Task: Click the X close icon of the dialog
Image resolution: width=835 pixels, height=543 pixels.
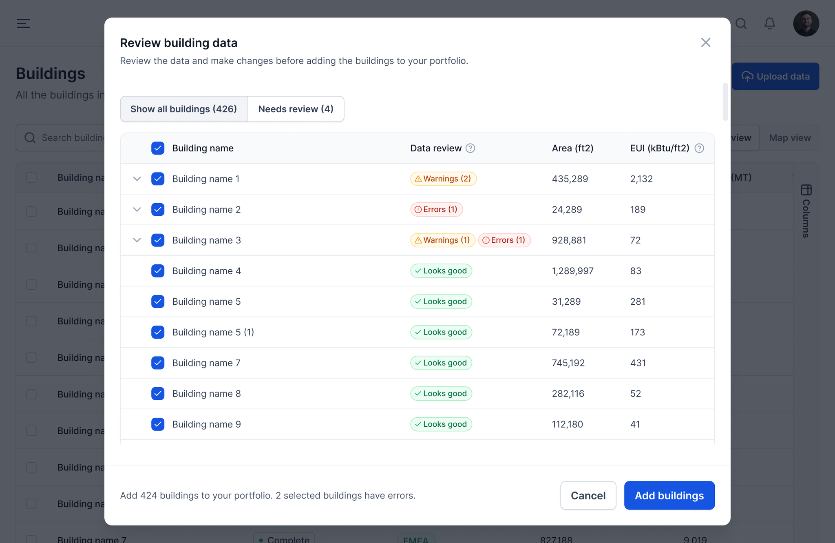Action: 705,42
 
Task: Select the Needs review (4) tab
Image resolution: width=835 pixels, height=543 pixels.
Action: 296,109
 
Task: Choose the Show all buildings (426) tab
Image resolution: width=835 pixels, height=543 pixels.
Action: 183,109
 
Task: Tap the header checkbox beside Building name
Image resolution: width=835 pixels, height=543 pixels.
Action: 158,148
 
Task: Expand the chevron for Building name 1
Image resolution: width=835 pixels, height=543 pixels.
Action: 137,179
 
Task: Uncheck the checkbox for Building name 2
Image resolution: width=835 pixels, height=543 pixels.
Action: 158,209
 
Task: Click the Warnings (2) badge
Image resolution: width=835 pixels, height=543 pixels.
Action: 443,179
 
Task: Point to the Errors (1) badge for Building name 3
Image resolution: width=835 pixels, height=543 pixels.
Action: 504,240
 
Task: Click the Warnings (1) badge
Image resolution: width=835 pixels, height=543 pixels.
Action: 443,240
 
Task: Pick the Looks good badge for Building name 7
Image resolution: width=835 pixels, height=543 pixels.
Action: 441,363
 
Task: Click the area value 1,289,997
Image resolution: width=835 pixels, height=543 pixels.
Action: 572,271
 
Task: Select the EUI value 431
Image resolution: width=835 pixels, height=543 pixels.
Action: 638,363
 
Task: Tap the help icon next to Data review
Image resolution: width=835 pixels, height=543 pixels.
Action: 470,148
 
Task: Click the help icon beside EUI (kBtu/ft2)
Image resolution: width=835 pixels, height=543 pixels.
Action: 699,148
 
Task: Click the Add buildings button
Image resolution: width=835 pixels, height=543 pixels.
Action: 669,495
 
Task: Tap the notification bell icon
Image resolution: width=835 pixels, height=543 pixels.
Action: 769,24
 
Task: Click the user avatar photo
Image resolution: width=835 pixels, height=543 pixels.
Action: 806,24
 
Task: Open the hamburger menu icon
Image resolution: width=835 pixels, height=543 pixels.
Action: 23,24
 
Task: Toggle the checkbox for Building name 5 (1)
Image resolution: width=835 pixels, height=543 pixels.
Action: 158,332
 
